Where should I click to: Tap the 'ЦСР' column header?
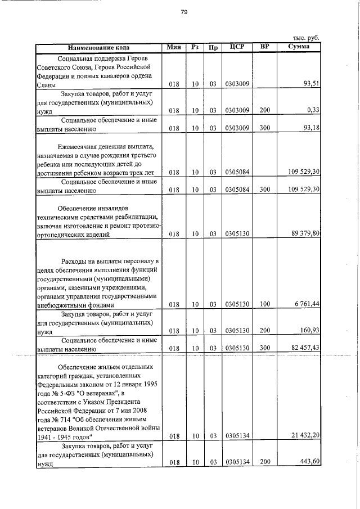pos(237,47)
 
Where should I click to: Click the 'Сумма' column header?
pos(298,47)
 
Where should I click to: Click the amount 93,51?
pos(311,84)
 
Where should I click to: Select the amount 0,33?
pos(313,110)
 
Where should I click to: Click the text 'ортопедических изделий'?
pos(73,233)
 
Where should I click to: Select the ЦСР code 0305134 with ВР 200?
pos(237,462)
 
